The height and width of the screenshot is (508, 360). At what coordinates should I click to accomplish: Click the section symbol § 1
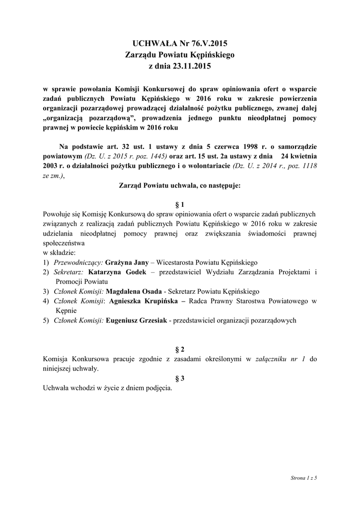coord(180,204)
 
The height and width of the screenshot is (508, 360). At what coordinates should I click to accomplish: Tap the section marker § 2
coord(180,349)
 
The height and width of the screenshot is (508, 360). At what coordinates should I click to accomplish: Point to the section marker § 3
coord(180,379)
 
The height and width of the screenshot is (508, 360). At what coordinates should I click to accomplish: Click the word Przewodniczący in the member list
coord(78,262)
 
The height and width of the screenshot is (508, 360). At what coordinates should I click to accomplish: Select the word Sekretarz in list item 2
coord(69,272)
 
